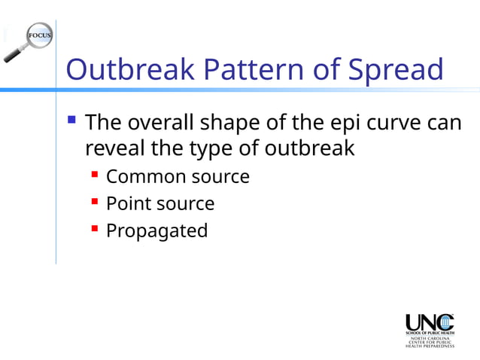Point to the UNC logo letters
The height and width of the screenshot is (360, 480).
click(430, 321)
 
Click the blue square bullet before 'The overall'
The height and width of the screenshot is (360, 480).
click(71, 119)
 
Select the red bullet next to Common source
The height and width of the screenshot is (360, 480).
click(95, 175)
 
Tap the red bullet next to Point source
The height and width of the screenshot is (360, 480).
click(95, 203)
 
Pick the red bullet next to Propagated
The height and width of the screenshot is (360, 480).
click(95, 230)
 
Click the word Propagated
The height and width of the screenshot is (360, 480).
click(156, 230)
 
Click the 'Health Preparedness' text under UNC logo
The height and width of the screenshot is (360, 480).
click(430, 346)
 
